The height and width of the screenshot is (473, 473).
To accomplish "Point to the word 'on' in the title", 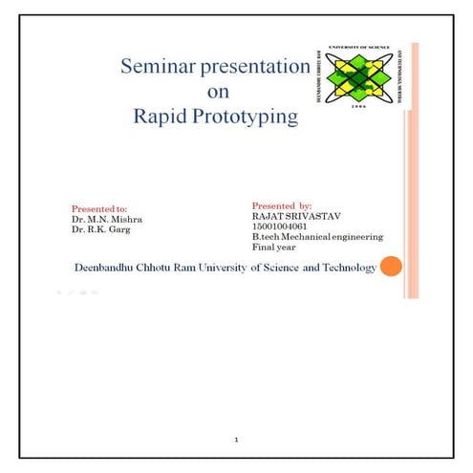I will (x=218, y=93).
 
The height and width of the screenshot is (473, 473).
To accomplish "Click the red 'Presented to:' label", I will (x=99, y=208).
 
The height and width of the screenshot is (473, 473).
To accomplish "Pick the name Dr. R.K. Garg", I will (x=99, y=229).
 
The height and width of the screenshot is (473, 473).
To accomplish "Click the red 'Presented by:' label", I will (x=282, y=205).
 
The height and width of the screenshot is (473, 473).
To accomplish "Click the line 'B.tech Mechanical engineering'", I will (x=317, y=236).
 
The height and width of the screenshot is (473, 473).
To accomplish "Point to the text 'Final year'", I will (x=272, y=247).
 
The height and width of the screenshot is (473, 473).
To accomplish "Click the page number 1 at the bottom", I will (x=236, y=440).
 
